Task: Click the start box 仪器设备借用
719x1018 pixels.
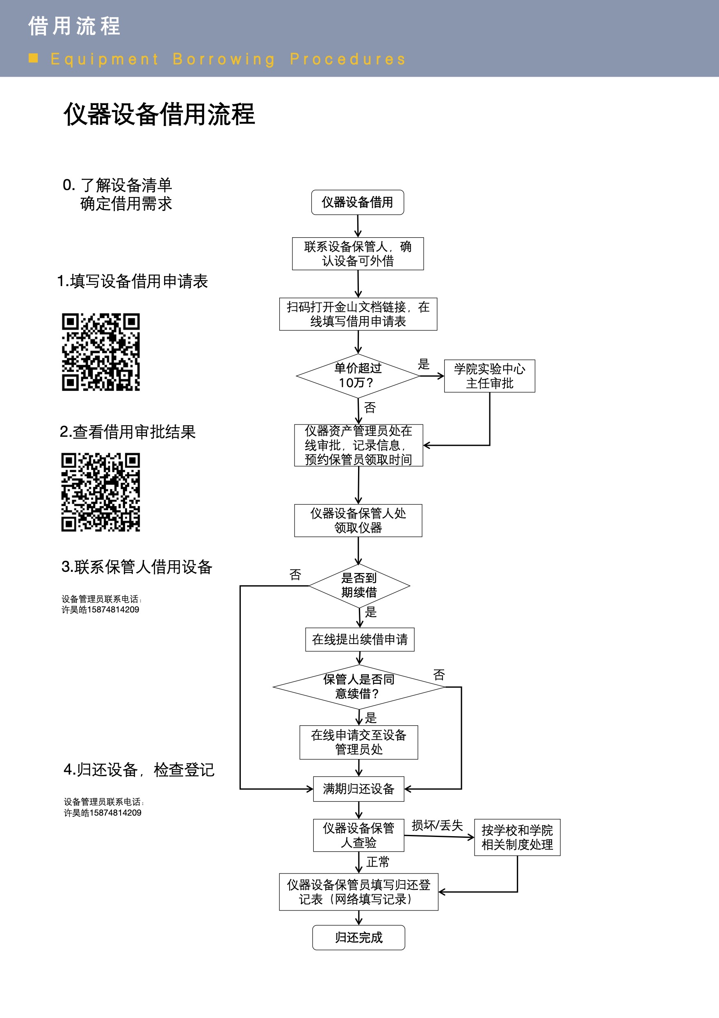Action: point(358,202)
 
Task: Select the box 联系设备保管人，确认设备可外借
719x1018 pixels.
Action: point(358,254)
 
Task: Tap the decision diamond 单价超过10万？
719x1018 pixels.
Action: point(358,376)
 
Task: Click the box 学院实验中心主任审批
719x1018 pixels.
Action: point(490,376)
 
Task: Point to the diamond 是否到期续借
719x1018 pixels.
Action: point(359,585)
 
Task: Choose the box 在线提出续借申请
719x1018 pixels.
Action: point(360,640)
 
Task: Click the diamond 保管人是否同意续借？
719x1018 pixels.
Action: point(359,686)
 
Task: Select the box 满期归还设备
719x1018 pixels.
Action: point(358,789)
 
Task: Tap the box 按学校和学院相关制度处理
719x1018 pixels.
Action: point(517,837)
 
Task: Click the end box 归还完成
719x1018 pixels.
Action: point(358,937)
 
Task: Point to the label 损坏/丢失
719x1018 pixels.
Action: point(437,825)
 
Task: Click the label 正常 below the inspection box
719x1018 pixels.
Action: point(378,862)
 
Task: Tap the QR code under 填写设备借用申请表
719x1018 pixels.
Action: point(100,352)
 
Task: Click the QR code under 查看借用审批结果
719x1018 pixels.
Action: point(100,492)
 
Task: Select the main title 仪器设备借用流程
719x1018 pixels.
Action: point(159,115)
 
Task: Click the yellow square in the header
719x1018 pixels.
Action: point(33,58)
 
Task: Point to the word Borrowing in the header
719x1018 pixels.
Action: point(224,60)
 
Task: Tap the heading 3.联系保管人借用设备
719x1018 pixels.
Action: point(137,566)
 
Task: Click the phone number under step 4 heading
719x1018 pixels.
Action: point(103,813)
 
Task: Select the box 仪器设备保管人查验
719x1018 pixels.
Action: point(358,835)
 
